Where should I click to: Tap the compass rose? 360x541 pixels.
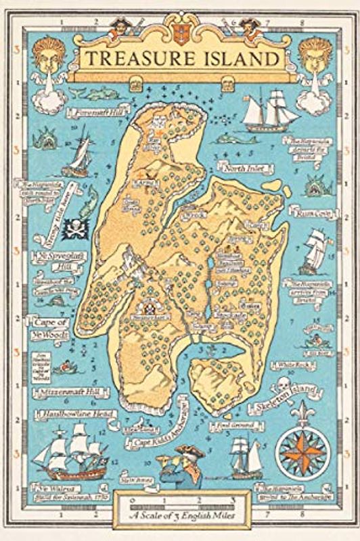tap(300, 446)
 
